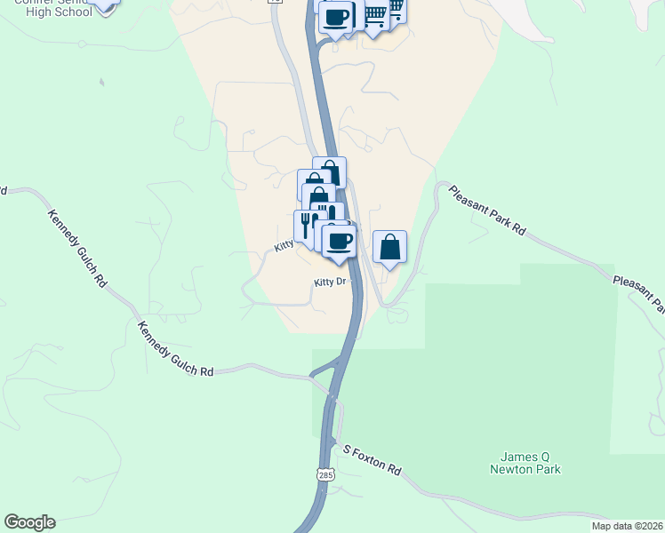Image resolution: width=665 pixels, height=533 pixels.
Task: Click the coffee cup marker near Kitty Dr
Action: point(339,241)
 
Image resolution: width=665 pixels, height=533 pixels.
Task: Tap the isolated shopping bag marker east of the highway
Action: point(389,246)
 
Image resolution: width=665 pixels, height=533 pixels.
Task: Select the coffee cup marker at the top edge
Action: point(335,16)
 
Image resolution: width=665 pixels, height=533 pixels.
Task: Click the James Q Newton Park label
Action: point(525,463)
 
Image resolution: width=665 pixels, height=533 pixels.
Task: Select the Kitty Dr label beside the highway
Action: point(328,282)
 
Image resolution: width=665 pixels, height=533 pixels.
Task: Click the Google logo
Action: point(29,522)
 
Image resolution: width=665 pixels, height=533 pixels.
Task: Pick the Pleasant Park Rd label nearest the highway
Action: point(487,210)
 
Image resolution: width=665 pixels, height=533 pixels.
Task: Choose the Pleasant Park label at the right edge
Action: point(638,294)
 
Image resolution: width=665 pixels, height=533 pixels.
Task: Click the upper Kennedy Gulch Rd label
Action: point(77,247)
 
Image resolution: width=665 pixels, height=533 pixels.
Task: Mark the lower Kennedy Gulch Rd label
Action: point(175,349)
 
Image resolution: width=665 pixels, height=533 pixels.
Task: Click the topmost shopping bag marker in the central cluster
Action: point(329,171)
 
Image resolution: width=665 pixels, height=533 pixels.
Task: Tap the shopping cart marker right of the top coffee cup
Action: point(376,14)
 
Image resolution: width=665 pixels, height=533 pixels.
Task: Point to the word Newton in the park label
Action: point(525,469)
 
